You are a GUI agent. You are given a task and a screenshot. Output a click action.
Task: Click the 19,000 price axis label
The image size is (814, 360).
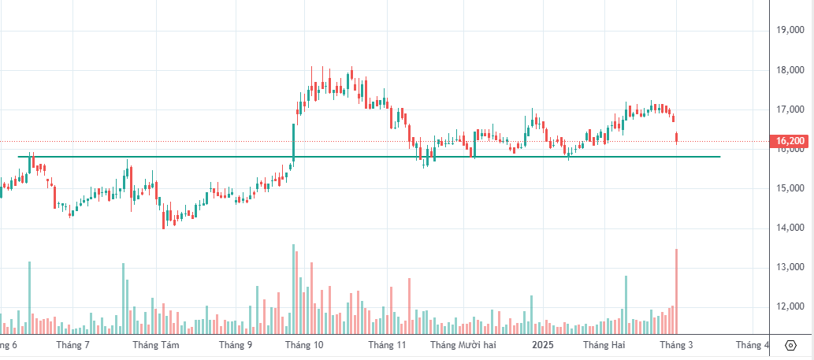(790, 31)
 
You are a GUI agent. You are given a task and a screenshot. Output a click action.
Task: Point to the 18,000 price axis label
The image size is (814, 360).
(790, 70)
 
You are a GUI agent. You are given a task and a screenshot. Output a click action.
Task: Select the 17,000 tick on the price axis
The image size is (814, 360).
(790, 109)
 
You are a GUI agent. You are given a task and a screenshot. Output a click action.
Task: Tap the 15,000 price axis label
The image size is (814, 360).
(790, 188)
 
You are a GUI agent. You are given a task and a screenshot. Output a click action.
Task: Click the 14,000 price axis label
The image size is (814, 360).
(790, 228)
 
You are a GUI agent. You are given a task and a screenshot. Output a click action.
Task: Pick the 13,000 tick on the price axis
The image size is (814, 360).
(790, 267)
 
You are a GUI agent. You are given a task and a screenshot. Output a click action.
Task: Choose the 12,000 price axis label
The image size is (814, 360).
(790, 306)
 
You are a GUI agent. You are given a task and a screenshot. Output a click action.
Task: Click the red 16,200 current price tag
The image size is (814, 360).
(790, 142)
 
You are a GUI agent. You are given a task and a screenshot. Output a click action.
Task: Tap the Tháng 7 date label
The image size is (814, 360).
(73, 345)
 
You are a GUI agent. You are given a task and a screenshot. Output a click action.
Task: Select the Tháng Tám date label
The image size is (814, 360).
(156, 345)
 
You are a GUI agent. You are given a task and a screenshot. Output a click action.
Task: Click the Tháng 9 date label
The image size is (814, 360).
(236, 345)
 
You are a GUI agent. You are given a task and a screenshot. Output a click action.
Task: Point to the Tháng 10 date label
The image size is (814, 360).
(304, 345)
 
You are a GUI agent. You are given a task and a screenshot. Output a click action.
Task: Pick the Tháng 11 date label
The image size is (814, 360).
(386, 345)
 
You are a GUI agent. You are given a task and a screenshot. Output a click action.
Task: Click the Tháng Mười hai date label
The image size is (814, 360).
(463, 345)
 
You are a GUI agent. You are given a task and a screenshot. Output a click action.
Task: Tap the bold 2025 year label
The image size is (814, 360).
(543, 345)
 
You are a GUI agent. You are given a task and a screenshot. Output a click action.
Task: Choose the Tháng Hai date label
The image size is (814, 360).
(604, 345)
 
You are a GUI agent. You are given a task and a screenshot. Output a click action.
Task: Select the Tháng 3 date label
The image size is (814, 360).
(676, 345)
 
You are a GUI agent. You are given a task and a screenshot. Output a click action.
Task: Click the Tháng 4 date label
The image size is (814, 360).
(753, 345)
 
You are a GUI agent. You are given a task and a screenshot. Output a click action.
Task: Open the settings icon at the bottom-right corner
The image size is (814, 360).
(791, 345)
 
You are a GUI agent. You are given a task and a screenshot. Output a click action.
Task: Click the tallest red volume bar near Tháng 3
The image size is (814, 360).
(676, 291)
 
